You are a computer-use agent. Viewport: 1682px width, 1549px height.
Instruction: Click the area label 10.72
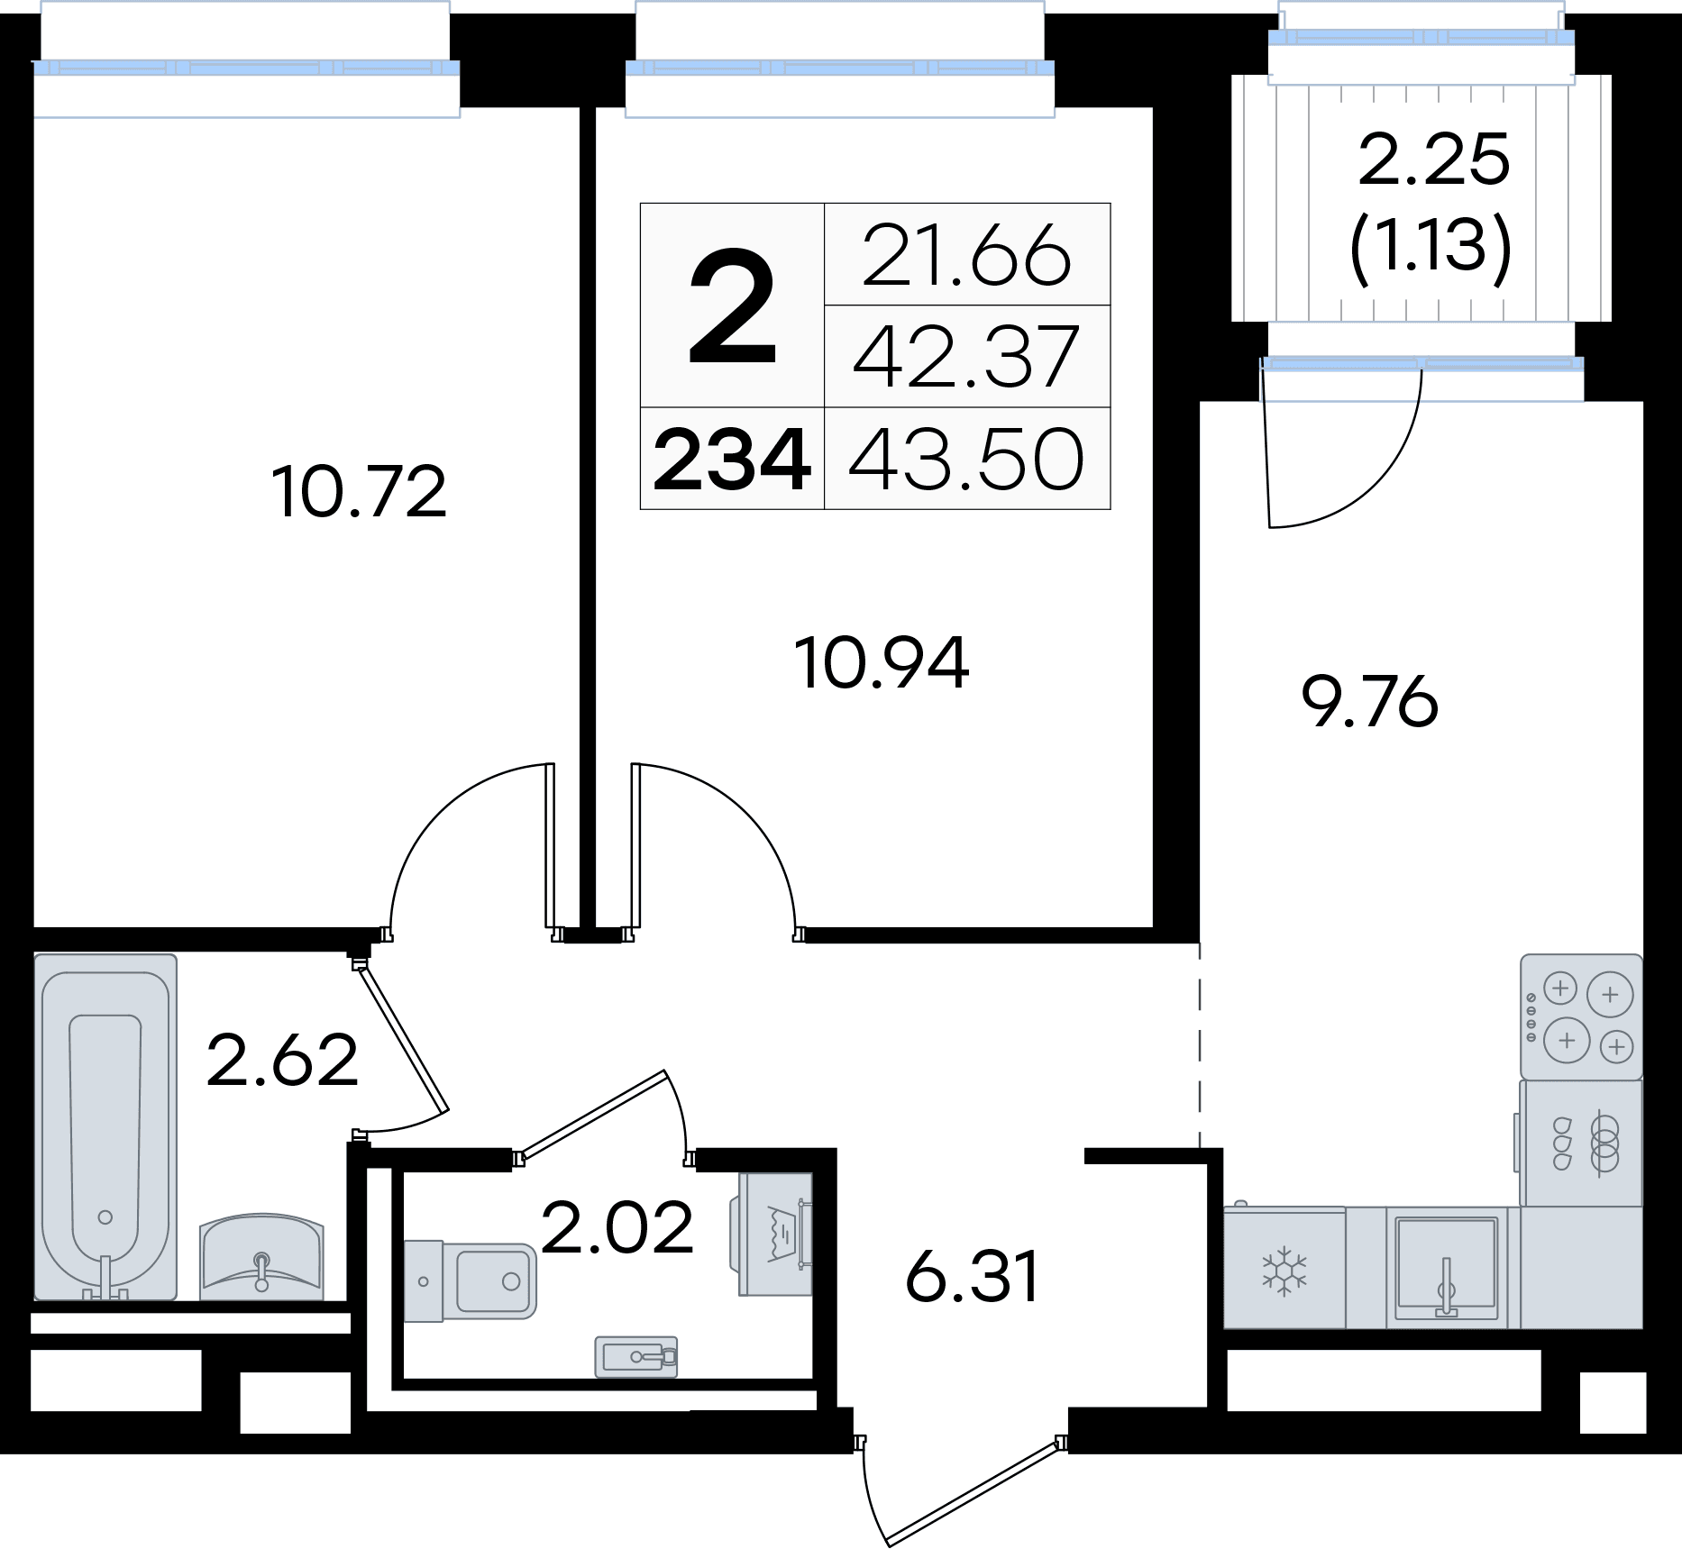click(x=359, y=492)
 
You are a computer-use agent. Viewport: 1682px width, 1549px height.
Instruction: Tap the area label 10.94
click(x=882, y=663)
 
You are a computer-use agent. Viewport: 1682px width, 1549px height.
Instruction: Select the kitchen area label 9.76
click(x=1370, y=702)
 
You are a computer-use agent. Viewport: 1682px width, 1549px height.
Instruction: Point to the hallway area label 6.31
click(x=973, y=1277)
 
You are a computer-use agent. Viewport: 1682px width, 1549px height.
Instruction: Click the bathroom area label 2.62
click(x=282, y=1061)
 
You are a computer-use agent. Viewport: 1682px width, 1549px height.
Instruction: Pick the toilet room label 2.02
click(x=617, y=1227)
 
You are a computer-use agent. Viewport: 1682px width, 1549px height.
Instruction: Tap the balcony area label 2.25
click(x=1433, y=159)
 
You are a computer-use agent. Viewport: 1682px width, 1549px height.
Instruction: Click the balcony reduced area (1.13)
click(x=1431, y=246)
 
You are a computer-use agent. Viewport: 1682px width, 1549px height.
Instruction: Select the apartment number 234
click(x=732, y=460)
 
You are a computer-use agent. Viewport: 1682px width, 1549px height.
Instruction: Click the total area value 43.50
click(x=966, y=460)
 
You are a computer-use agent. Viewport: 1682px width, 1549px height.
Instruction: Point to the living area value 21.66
click(x=966, y=254)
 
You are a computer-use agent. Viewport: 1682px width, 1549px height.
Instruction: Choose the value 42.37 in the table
click(x=966, y=357)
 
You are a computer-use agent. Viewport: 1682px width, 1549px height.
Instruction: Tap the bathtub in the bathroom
click(x=105, y=1127)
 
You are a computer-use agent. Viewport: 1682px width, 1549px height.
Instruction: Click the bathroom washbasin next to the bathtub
click(x=261, y=1253)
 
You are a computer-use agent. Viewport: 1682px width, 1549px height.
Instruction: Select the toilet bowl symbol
click(x=470, y=1280)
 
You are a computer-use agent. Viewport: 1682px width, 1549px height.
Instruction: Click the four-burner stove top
click(x=1581, y=1017)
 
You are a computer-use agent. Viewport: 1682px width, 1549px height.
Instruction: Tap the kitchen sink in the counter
click(x=1447, y=1269)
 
